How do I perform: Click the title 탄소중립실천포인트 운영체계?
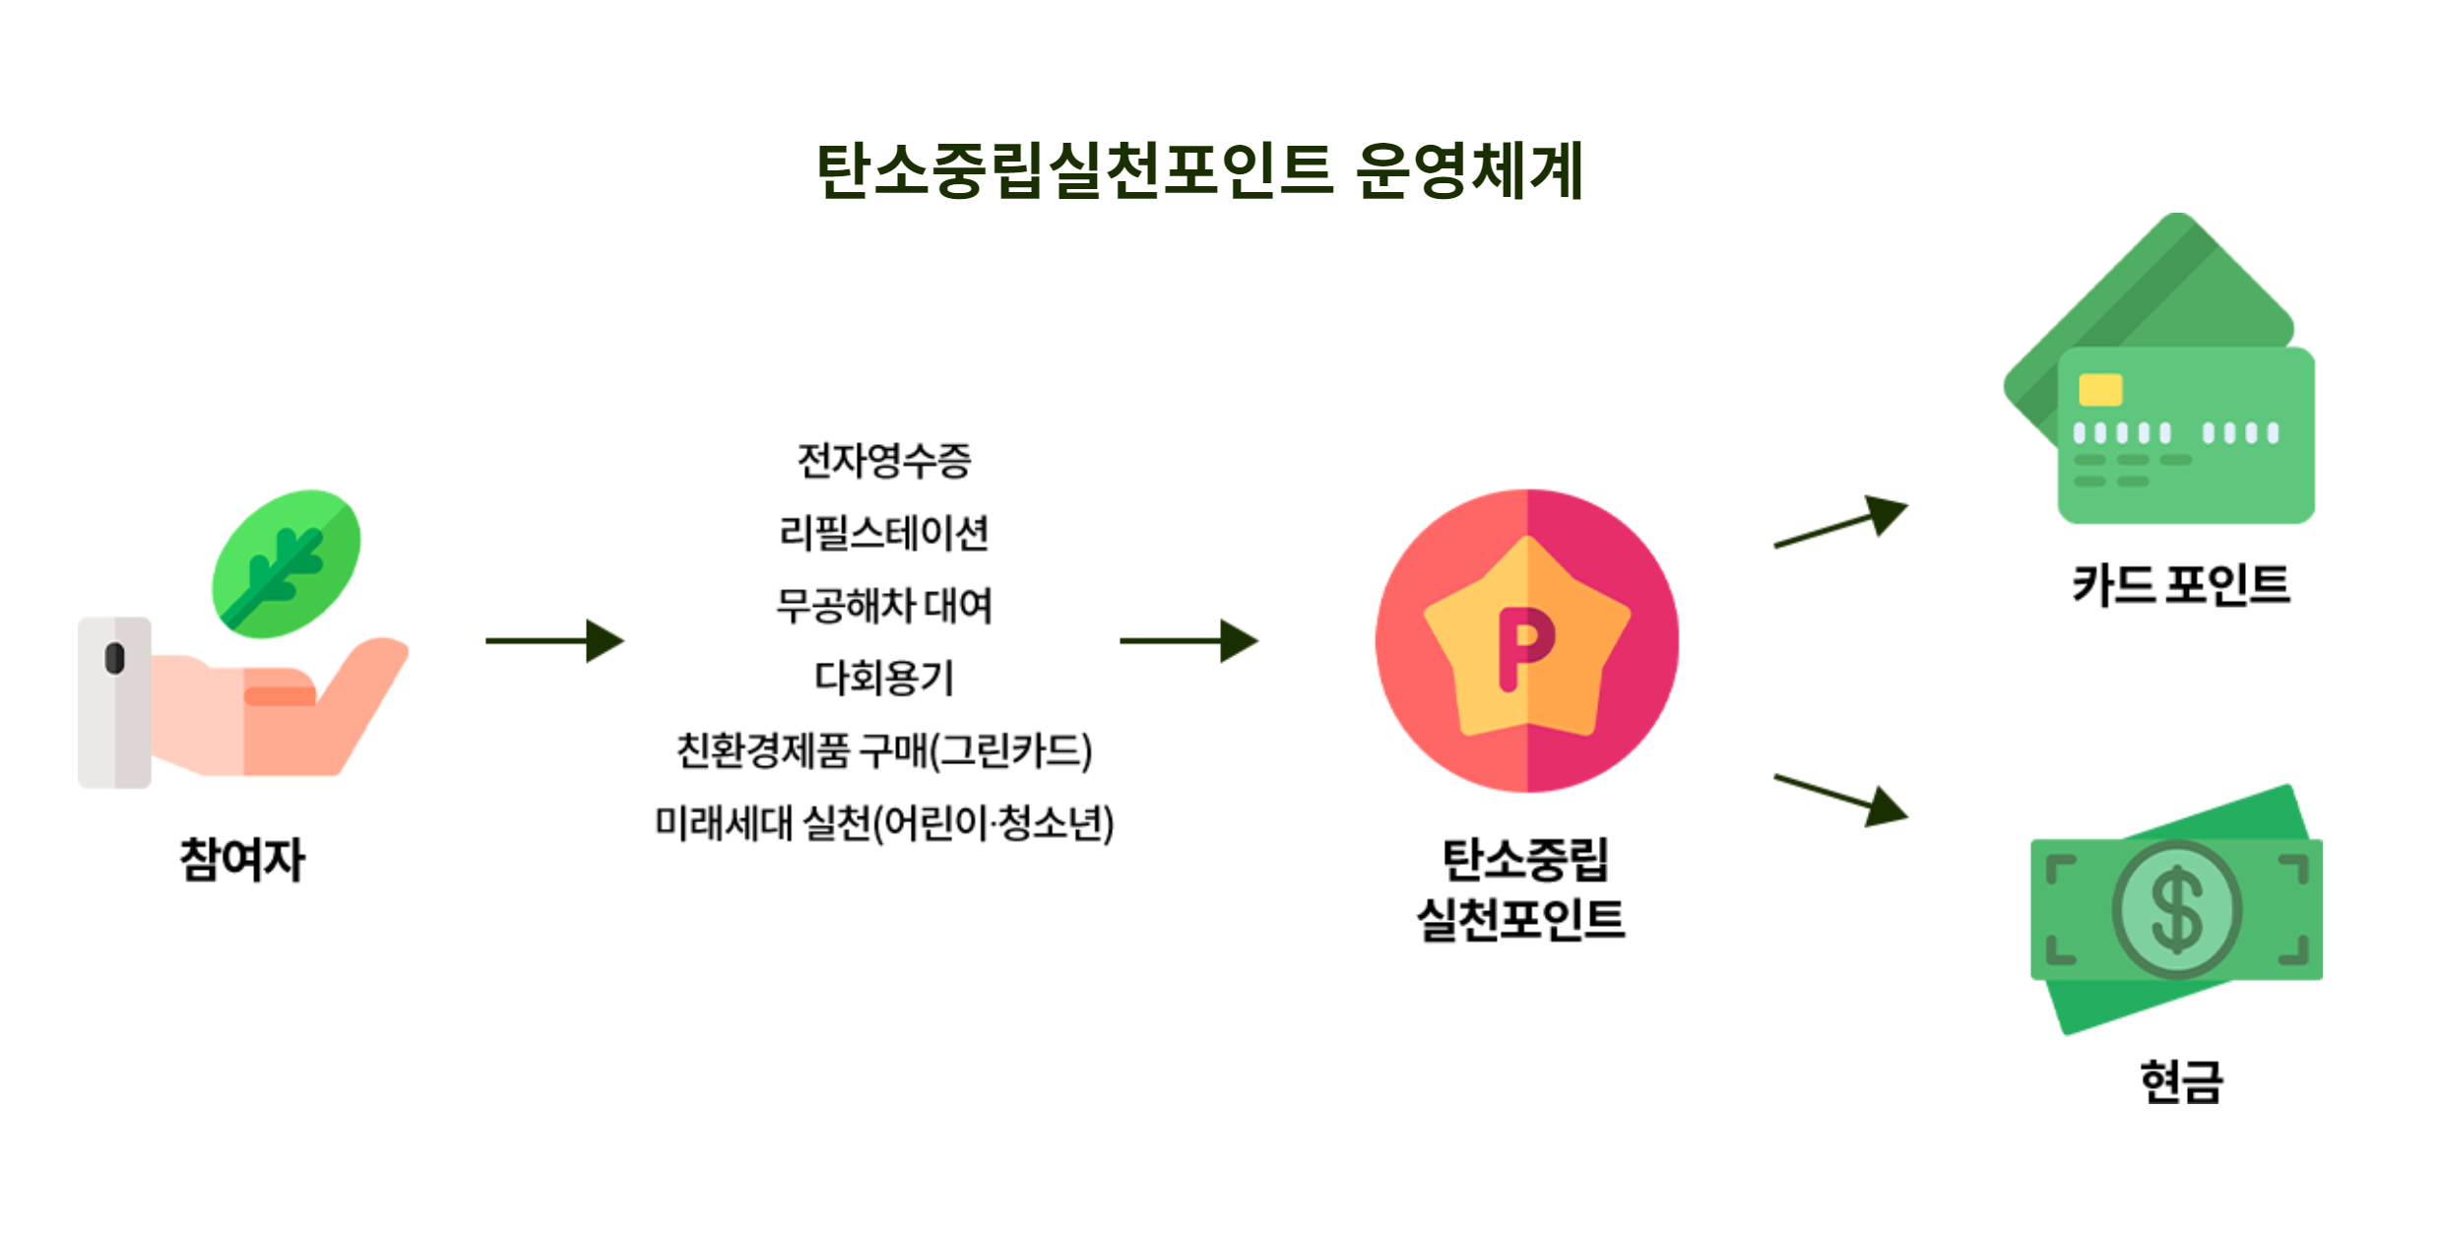[x=1199, y=170]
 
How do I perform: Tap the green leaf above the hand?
[x=286, y=563]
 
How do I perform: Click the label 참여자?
[x=242, y=859]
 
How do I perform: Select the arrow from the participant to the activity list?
[x=554, y=641]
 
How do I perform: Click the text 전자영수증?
[x=883, y=461]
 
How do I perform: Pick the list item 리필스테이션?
[x=883, y=533]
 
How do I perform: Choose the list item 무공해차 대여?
[x=883, y=605]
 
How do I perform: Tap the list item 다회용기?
[x=883, y=678]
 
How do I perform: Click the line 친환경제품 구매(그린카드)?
[x=883, y=750]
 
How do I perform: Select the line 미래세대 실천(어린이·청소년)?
[x=883, y=823]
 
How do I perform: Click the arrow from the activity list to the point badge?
[x=1188, y=641]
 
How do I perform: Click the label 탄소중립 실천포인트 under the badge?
[x=1522, y=889]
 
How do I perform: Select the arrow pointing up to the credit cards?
[x=1839, y=522]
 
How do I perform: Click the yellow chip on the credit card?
[x=2099, y=390]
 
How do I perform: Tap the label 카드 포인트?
[x=2180, y=585]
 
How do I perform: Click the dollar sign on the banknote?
[x=2176, y=910]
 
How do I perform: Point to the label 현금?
[x=2180, y=1081]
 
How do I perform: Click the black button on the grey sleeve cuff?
[x=114, y=658]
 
